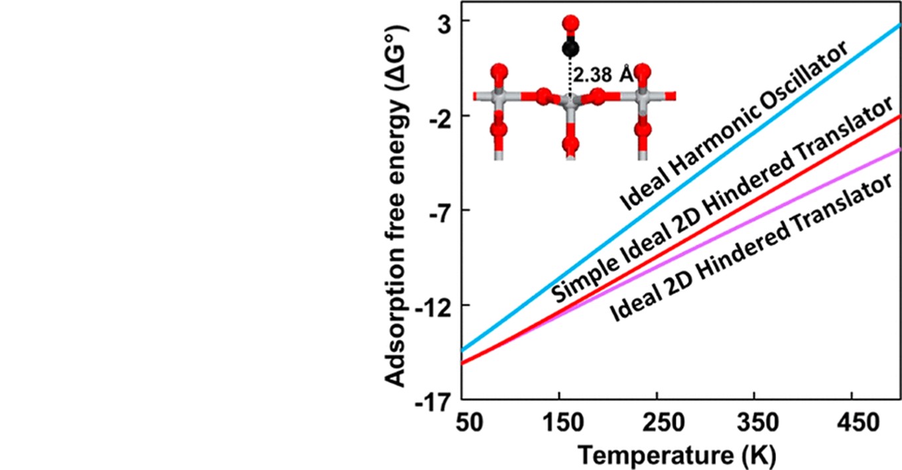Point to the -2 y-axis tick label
[434, 116]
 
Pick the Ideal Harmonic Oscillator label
[734, 126]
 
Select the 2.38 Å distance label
[602, 74]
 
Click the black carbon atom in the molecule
[570, 48]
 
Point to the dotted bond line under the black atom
[569, 76]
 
